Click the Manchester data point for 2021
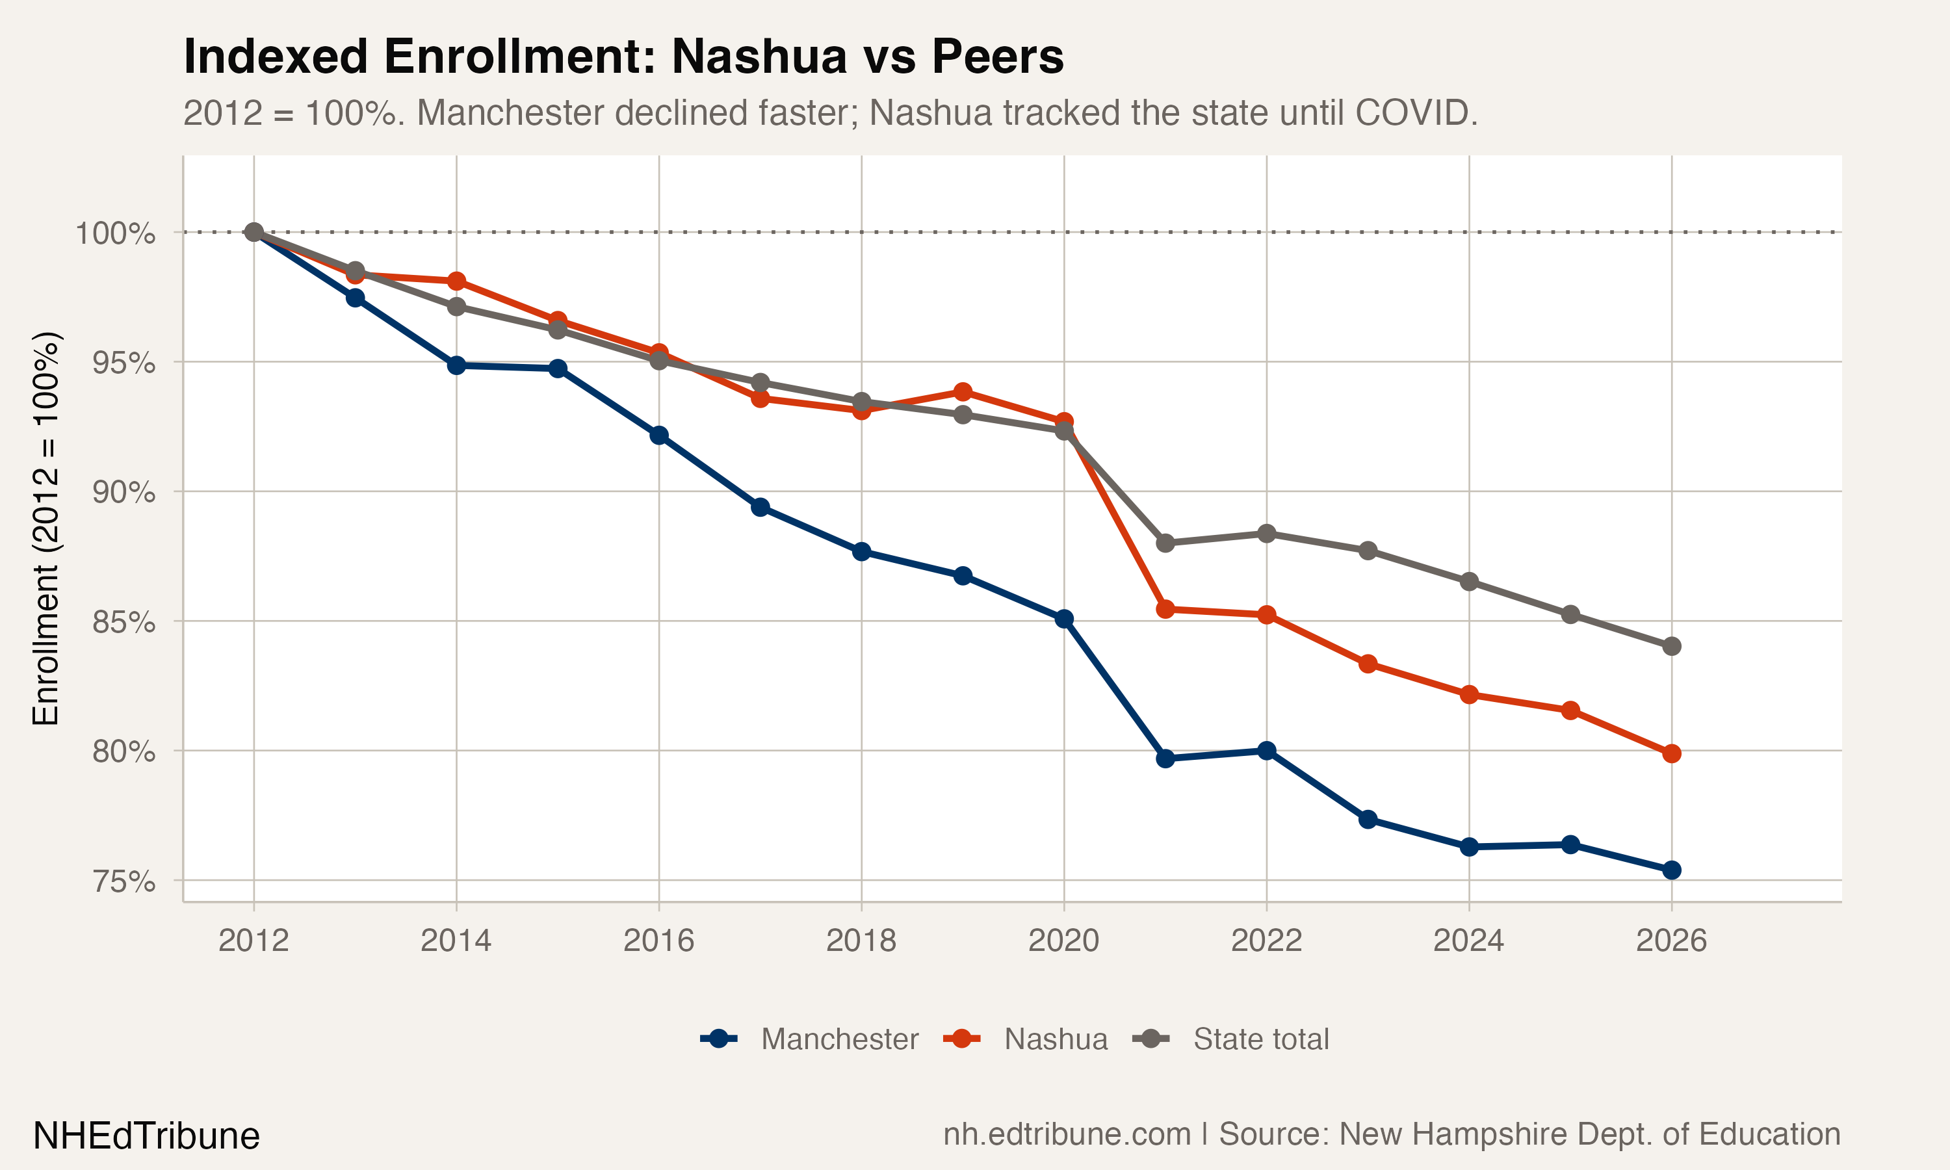1165,759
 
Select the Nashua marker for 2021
1165,610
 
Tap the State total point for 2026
1671,647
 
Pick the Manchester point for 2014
456,366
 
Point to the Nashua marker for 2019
963,392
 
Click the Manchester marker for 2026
1671,870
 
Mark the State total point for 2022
1267,534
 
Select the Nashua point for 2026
1671,754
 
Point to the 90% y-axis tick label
123,493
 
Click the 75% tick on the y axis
123,881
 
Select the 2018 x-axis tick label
861,941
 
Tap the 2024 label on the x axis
1468,941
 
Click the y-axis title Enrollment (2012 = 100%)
45,528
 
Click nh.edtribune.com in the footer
1067,1134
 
